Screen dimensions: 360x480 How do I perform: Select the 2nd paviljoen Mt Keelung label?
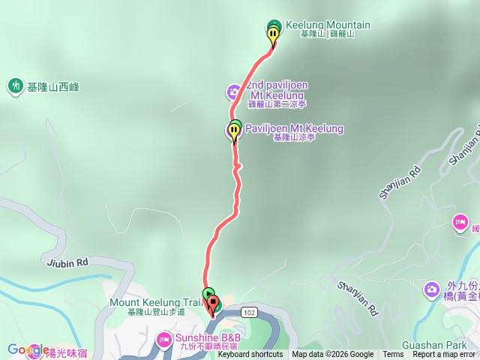277,90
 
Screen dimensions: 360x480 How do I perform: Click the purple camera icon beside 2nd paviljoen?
234,92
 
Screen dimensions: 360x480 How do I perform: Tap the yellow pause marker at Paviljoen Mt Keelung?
234,133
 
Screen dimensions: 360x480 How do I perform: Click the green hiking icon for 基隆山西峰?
16,86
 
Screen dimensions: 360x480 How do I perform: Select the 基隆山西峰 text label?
52,87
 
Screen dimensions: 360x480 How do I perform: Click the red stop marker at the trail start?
213,304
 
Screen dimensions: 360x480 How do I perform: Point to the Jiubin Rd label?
66,262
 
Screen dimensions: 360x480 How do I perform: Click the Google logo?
28,349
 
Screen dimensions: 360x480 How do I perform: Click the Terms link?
393,355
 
